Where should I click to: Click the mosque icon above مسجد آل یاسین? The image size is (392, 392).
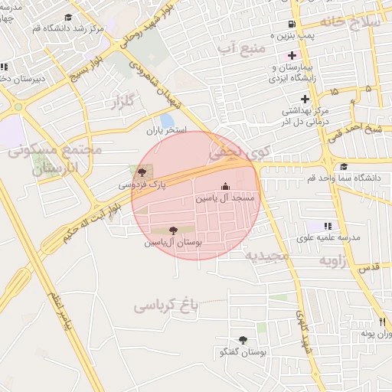(225, 186)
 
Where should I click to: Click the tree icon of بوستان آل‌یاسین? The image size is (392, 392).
(173, 230)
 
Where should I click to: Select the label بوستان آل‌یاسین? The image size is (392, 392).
(172, 242)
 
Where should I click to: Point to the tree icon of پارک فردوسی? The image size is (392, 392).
(142, 172)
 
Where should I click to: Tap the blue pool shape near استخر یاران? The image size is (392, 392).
(166, 120)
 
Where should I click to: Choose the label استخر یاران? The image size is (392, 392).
(167, 131)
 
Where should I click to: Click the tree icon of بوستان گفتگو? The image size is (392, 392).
(243, 340)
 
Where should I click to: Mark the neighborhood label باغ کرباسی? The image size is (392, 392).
(166, 305)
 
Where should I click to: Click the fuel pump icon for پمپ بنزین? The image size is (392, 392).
(290, 24)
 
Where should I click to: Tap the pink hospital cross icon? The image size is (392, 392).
(291, 55)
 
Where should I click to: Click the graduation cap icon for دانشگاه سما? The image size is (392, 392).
(343, 167)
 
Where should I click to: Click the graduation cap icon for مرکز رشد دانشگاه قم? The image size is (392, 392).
(68, 18)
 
